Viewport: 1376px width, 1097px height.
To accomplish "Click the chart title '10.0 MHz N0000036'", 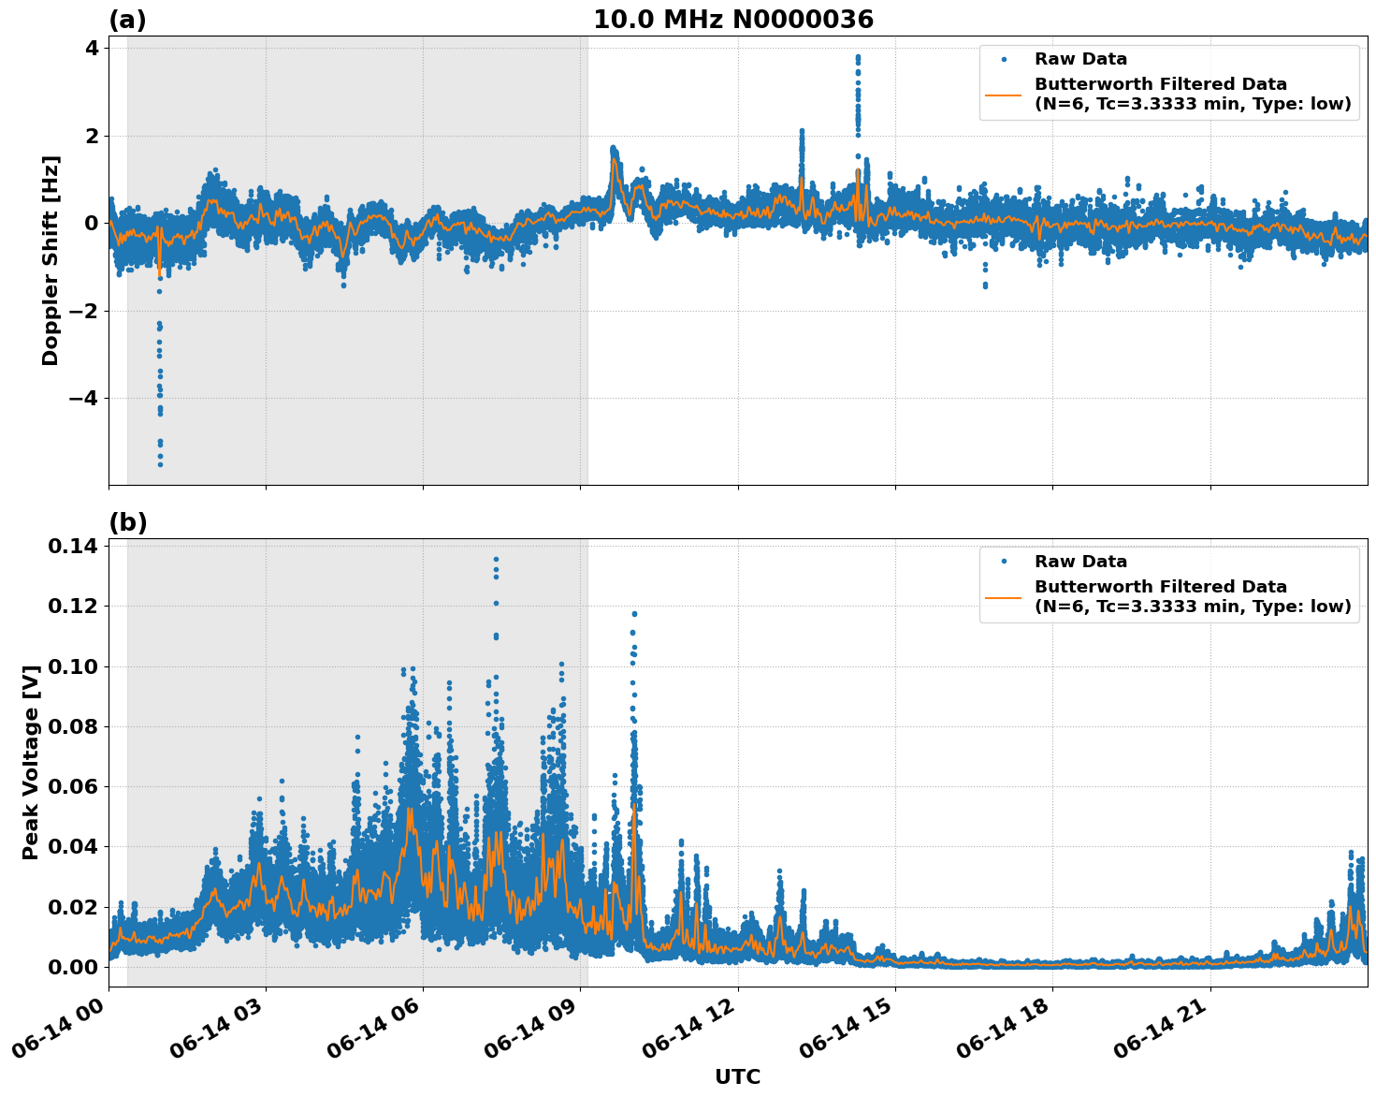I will point(732,20).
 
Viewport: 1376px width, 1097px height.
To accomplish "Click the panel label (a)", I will point(127,20).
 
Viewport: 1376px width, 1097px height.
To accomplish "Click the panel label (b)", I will point(127,522).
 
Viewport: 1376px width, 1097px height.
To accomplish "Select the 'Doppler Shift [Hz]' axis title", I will point(51,260).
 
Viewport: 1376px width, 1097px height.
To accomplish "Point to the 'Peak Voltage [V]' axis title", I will point(31,762).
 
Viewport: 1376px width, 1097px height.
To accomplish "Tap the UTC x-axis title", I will point(737,1076).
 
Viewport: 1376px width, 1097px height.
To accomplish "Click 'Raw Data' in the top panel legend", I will point(1080,59).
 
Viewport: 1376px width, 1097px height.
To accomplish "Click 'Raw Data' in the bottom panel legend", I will point(1080,562).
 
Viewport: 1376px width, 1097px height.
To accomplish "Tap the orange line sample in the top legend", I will point(1004,95).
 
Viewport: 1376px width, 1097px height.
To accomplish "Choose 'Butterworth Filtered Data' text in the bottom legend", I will point(1160,587).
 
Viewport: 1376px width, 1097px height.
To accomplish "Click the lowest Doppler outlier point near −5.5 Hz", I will point(160,464).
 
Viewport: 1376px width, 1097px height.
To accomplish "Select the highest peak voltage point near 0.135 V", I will point(496,560).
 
